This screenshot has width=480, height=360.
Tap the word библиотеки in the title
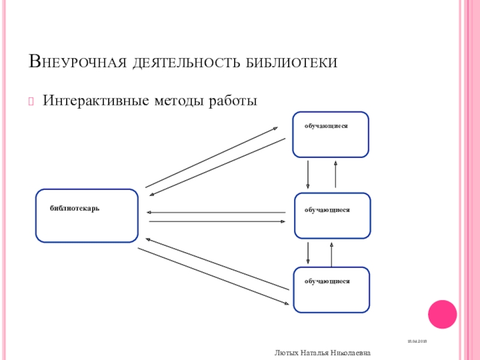point(292,62)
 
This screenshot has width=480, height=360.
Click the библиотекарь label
point(75,208)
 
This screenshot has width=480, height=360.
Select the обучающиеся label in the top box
point(326,127)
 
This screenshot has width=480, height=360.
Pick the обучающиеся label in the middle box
point(326,210)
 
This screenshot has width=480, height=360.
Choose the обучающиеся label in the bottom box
point(326,281)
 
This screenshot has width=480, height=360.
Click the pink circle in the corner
point(442,314)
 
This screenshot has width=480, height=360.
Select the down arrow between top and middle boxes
point(308,174)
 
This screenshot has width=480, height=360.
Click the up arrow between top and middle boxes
point(335,174)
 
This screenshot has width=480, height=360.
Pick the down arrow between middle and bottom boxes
point(308,253)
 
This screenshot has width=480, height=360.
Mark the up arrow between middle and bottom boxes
point(331,253)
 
